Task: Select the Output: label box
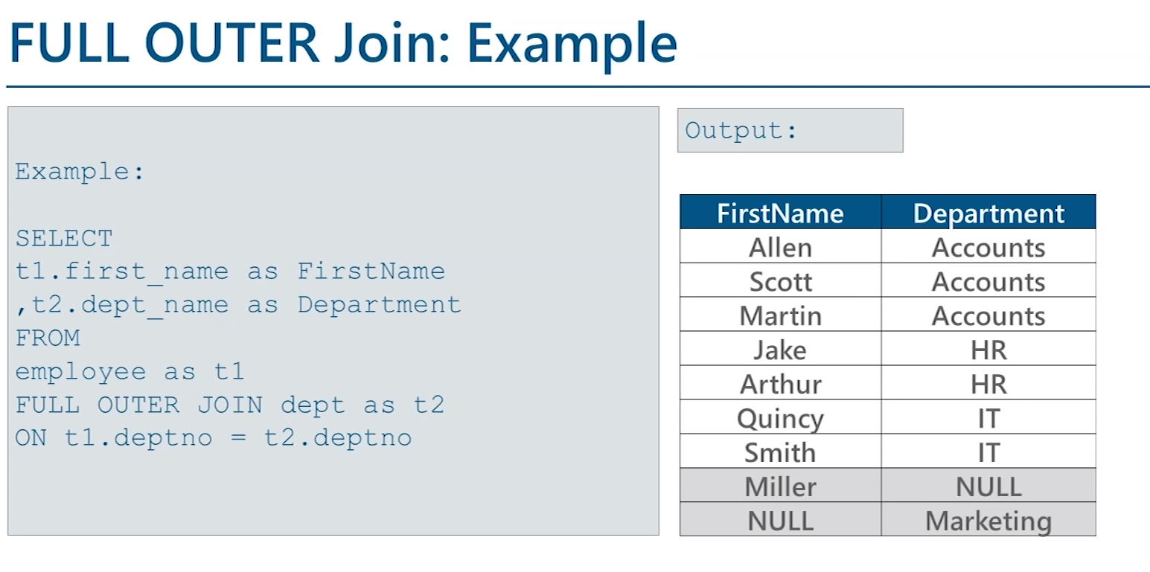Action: pyautogui.click(x=790, y=130)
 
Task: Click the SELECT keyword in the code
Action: pyautogui.click(x=64, y=239)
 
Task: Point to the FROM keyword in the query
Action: pyautogui.click(x=48, y=338)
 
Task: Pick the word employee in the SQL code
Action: pyautogui.click(x=80, y=372)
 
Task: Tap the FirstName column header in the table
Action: pyautogui.click(x=780, y=213)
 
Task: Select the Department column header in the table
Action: pyautogui.click(x=988, y=213)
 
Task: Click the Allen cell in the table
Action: pyautogui.click(x=780, y=247)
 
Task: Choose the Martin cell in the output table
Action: pyautogui.click(x=780, y=315)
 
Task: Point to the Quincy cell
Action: pyautogui.click(x=780, y=418)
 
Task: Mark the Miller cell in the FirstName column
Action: pyautogui.click(x=780, y=486)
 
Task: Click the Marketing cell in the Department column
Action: pyautogui.click(x=988, y=521)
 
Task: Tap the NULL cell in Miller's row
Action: pyautogui.click(x=988, y=486)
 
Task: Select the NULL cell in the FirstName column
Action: pyautogui.click(x=780, y=521)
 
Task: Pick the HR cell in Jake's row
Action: pyautogui.click(x=988, y=350)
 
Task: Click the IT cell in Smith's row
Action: pyautogui.click(x=988, y=452)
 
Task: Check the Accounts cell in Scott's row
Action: pyautogui.click(x=988, y=281)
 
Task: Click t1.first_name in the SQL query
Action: pyautogui.click(x=121, y=271)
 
